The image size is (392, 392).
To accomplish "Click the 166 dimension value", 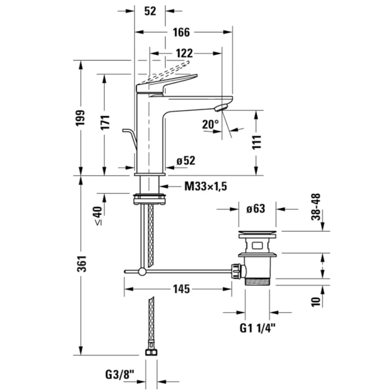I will click(181, 32).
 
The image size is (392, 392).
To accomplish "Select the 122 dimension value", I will click(185, 53).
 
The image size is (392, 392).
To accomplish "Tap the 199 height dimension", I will click(81, 118).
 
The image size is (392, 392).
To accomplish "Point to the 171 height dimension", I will click(105, 122).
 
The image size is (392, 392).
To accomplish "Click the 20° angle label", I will click(210, 124).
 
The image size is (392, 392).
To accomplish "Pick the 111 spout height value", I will click(256, 142).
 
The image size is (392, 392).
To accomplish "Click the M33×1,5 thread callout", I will click(206, 186).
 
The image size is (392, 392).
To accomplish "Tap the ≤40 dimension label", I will click(98, 216).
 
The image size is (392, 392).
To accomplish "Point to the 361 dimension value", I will click(81, 263).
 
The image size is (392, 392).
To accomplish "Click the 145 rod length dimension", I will click(181, 289).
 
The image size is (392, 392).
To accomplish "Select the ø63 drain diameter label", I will click(256, 209).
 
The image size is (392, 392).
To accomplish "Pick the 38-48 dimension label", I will click(316, 207).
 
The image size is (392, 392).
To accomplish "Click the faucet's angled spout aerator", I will click(221, 108).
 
